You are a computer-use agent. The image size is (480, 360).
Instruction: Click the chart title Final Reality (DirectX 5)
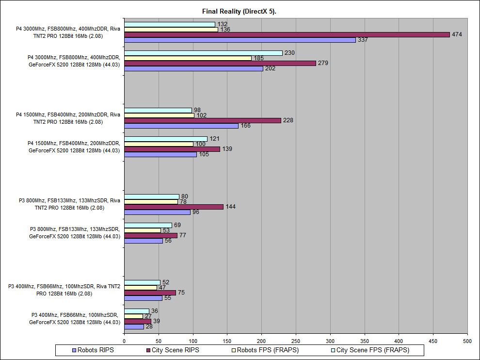(239, 11)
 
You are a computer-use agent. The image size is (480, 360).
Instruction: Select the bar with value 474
(287, 34)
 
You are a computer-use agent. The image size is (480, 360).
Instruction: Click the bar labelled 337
(240, 40)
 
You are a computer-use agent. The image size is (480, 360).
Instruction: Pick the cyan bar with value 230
(203, 53)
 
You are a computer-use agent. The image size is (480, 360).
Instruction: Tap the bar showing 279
(220, 63)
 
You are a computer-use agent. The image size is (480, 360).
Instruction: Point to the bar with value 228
(202, 120)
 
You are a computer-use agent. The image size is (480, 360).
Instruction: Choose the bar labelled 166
(181, 126)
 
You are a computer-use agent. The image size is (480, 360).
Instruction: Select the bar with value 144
(174, 207)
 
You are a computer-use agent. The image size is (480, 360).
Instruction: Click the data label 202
(270, 68)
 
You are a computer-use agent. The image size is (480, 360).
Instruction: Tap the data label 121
(215, 139)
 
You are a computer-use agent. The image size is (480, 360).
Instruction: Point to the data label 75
(182, 293)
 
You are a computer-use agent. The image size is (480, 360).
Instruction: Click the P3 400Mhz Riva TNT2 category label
(64, 290)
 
